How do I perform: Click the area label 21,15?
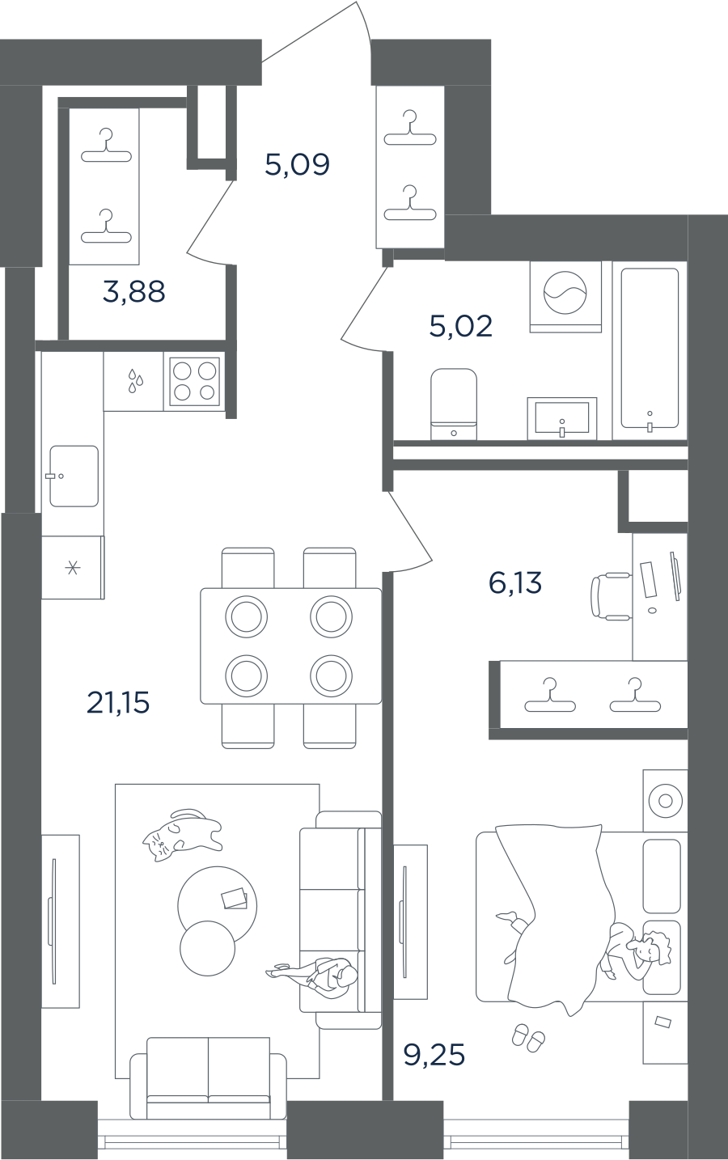(118, 703)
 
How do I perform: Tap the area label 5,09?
(297, 165)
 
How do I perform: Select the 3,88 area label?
(134, 291)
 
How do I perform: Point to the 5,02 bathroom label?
(461, 326)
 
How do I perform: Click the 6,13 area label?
(515, 582)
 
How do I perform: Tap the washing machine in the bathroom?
(565, 297)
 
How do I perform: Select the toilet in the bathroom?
(454, 404)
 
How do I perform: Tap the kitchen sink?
(74, 476)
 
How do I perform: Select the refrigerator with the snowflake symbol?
(73, 568)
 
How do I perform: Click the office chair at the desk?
(612, 596)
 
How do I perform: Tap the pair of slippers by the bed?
(528, 1037)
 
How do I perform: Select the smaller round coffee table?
(207, 948)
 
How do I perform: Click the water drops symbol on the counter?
(135, 381)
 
